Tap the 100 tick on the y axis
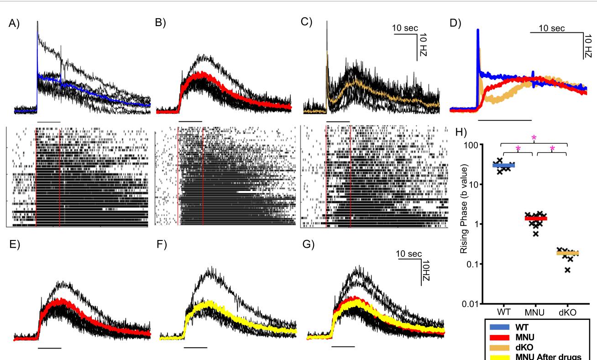click(477, 145)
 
